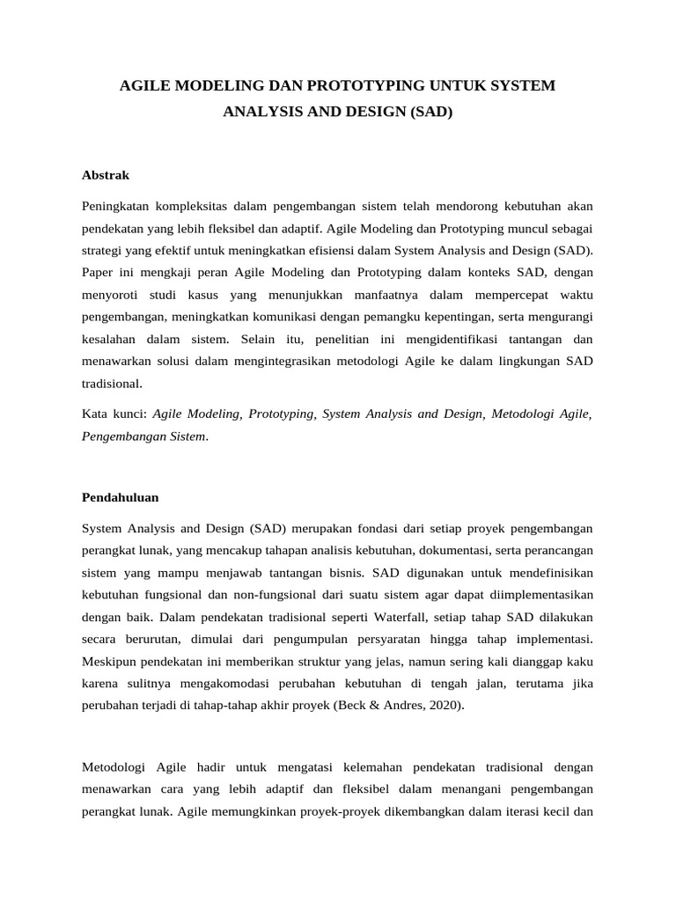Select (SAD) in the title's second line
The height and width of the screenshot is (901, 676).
point(431,114)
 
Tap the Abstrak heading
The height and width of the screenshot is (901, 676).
point(105,175)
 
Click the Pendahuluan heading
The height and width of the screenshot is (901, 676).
point(120,497)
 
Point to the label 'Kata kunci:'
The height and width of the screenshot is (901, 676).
point(114,414)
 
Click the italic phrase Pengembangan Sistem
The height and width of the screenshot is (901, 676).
point(143,436)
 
